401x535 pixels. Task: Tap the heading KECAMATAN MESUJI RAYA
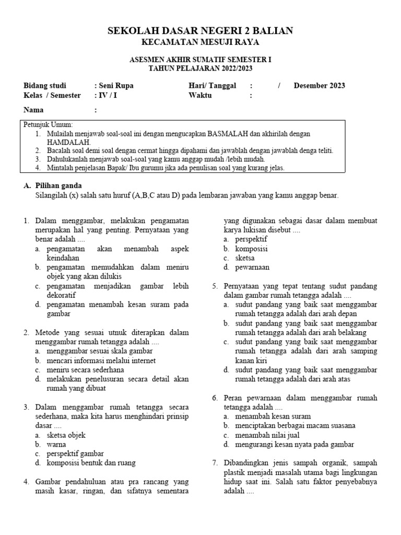click(x=200, y=42)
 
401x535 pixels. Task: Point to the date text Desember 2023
click(x=319, y=86)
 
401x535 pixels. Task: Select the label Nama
click(x=34, y=110)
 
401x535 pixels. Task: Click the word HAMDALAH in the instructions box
click(x=69, y=142)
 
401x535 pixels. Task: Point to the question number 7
click(x=215, y=463)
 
